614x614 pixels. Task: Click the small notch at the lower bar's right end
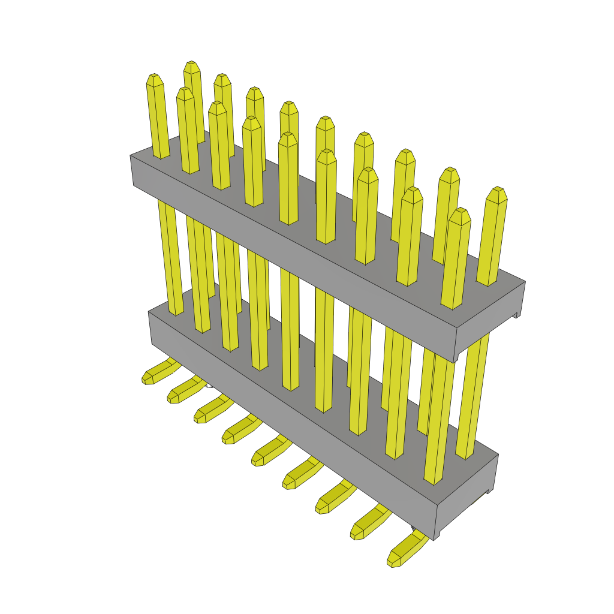pos(490,491)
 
